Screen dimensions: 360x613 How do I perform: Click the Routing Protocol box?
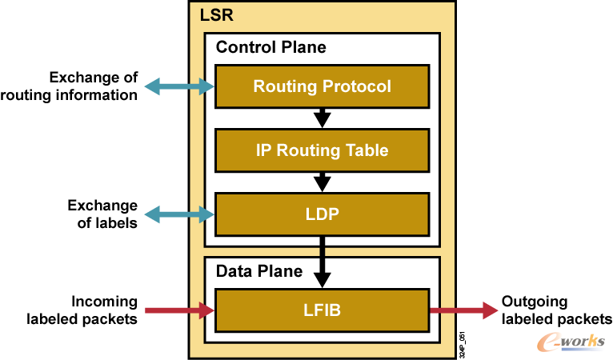click(322, 86)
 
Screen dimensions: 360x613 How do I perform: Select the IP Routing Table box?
click(322, 150)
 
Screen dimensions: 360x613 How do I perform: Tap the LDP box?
click(322, 214)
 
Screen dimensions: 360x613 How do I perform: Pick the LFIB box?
click(322, 309)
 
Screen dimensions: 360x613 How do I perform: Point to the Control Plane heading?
click(270, 47)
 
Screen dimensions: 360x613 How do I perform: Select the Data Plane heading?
click(259, 271)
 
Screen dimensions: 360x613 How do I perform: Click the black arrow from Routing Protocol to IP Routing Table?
click(322, 118)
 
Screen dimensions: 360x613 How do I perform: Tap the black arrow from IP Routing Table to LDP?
click(322, 182)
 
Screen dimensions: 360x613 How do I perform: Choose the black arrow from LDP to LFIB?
click(322, 260)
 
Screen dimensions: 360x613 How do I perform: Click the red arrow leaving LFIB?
click(462, 310)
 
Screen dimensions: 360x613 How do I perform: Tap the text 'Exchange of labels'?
click(102, 214)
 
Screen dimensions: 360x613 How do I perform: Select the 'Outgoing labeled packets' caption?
click(556, 310)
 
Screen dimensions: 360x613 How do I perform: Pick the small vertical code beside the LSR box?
click(464, 344)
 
